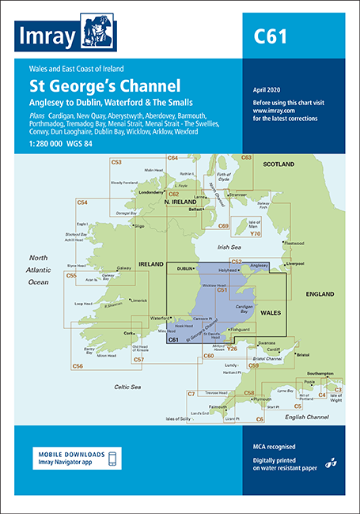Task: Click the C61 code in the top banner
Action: [270, 36]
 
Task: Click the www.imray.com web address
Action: [268, 111]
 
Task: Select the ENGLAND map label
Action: [320, 294]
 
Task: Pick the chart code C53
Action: [116, 162]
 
